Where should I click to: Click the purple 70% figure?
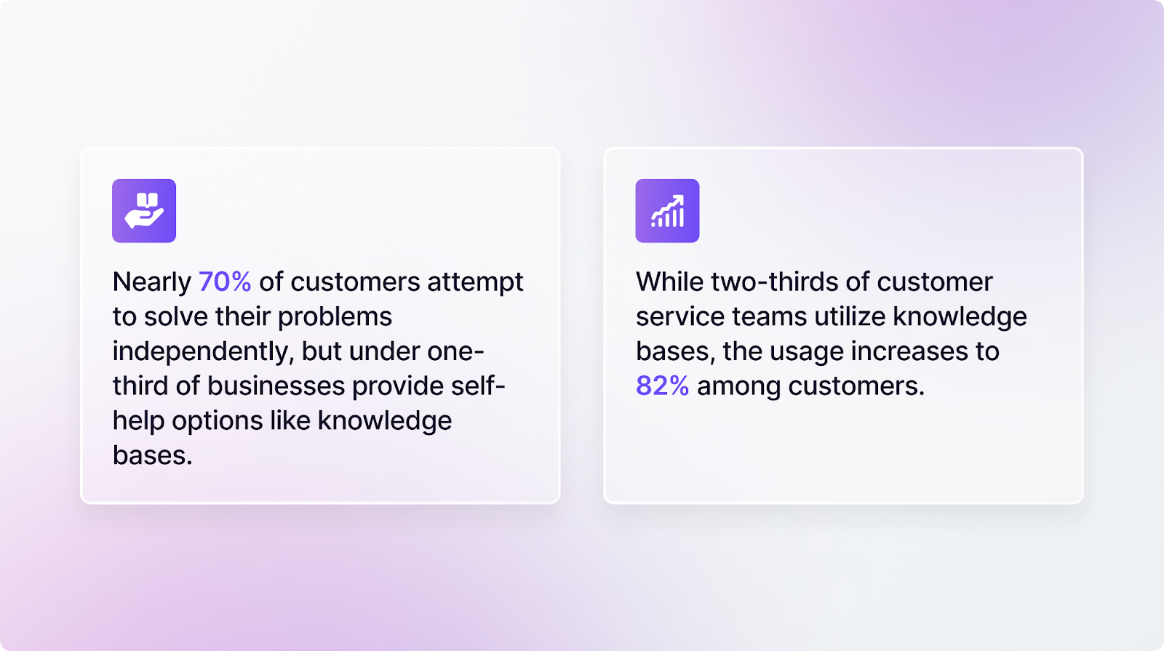click(x=225, y=281)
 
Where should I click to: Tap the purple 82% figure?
click(x=662, y=386)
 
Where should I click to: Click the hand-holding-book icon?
click(x=144, y=210)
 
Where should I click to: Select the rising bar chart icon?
click(x=667, y=210)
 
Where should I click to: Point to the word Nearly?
click(x=151, y=281)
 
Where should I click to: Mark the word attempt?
click(x=475, y=281)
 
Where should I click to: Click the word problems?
click(x=335, y=316)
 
